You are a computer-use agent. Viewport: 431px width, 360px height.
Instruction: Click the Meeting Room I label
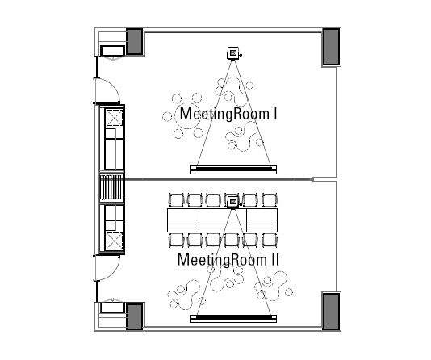click(228, 114)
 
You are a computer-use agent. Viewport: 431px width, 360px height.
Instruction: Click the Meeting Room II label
click(228, 260)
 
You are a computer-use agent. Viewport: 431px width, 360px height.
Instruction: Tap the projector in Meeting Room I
click(233, 53)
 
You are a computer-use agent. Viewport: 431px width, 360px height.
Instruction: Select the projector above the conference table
click(233, 203)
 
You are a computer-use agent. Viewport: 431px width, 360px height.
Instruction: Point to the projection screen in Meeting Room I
click(233, 170)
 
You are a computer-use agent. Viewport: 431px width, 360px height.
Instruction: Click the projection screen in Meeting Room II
click(233, 319)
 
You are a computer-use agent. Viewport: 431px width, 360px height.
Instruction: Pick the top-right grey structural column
click(331, 47)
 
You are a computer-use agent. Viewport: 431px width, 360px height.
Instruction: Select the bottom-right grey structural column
click(331, 311)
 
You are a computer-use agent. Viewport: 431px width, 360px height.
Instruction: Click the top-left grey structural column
click(135, 41)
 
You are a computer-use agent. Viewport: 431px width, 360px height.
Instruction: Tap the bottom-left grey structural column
click(135, 316)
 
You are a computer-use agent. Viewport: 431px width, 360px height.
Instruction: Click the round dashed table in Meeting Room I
click(187, 116)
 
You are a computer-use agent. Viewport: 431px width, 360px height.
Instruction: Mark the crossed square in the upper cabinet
click(115, 118)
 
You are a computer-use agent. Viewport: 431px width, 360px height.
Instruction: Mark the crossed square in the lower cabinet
click(115, 241)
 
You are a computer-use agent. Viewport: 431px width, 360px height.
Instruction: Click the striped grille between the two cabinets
click(111, 187)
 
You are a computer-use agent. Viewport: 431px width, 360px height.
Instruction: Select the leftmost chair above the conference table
click(176, 199)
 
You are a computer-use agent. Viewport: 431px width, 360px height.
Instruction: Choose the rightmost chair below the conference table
click(270, 241)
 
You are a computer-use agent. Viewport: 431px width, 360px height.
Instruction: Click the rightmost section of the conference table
click(262, 220)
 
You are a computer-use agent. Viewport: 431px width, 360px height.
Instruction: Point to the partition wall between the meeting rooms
click(219, 179)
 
